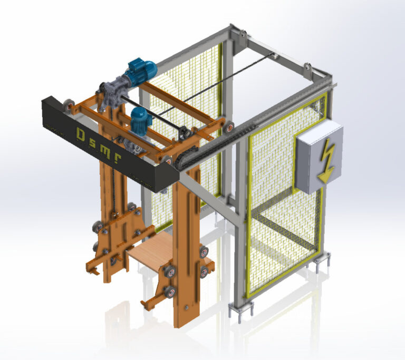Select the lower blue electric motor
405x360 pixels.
[141, 120]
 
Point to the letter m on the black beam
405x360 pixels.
[105, 152]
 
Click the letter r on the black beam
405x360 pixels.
[118, 159]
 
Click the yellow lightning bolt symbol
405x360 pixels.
[327, 160]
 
